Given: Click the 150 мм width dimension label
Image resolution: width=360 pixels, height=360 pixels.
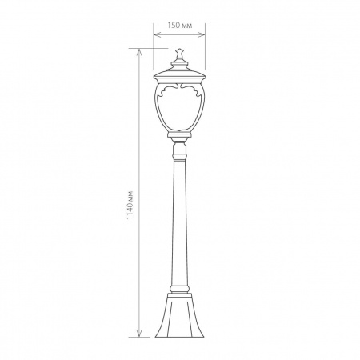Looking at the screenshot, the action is point(179,26).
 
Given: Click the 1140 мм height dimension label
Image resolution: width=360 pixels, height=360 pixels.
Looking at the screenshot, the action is point(130,205).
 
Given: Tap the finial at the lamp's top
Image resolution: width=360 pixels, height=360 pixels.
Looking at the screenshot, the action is point(179,54).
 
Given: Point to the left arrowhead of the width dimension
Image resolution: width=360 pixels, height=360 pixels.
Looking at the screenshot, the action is point(157,34).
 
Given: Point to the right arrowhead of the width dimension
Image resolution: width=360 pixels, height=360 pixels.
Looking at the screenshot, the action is point(202,34).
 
